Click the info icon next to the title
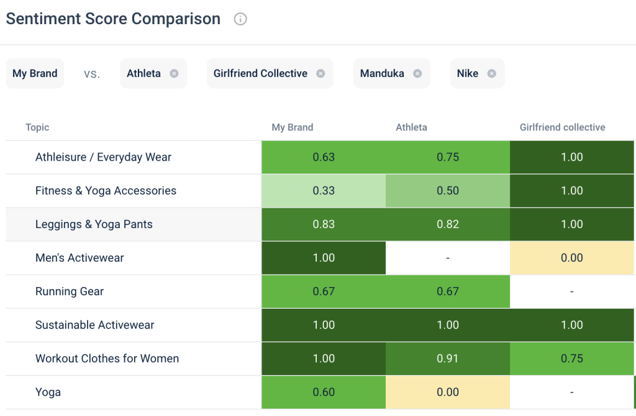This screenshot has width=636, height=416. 240,19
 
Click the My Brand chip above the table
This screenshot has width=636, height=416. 35,73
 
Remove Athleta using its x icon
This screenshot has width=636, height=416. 174,73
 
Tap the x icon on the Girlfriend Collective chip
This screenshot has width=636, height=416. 320,73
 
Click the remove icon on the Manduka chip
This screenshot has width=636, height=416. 417,73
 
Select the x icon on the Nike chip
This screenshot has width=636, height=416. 491,73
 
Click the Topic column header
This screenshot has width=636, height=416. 37,127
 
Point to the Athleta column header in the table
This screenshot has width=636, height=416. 411,127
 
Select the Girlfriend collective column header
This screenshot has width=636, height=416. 562,127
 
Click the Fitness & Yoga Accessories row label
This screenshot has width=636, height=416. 106,191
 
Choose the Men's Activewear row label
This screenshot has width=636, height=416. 79,258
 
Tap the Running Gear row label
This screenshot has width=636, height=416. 70,291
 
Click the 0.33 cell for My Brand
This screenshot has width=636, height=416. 324,191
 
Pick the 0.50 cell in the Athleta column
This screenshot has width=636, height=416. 448,191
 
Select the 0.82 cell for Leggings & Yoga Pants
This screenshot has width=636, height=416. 448,224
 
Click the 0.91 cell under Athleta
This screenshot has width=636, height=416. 448,358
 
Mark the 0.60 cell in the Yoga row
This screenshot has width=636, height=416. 324,392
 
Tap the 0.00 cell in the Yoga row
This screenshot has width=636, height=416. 448,392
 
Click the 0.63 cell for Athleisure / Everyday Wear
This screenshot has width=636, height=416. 324,157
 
